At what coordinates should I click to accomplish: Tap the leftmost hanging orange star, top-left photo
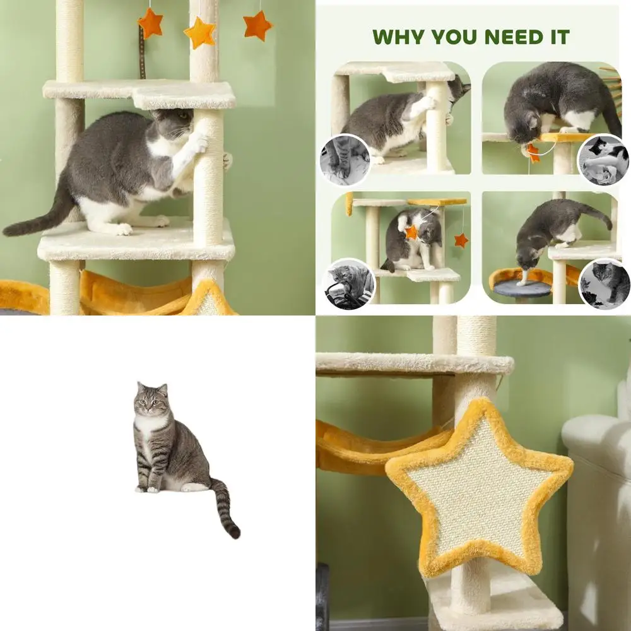pos(151,23)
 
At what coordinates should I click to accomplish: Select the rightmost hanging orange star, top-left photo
pos(257,26)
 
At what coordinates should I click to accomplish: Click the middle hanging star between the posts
pos(200,33)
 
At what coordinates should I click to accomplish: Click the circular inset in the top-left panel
pos(345,160)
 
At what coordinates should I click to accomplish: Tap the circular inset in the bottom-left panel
pos(349,283)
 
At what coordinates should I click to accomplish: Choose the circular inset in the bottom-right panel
pos(604,283)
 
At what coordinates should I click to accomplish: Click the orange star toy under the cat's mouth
pos(534,153)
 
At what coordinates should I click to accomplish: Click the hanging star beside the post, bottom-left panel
pos(461,240)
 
